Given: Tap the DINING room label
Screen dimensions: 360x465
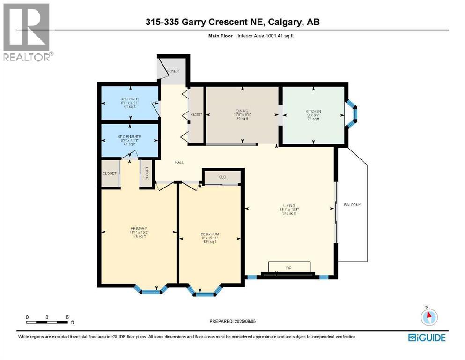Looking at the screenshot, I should click(242, 111).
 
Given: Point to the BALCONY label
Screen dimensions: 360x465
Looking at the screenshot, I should click(353, 205).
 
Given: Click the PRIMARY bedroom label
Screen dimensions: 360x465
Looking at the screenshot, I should click(139, 228).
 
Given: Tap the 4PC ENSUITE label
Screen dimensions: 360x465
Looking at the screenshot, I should click(129, 136).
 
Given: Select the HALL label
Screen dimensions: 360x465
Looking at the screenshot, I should click(178, 162).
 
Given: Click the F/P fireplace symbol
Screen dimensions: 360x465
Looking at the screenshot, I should click(289, 267).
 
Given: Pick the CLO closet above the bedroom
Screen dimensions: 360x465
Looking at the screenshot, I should click(222, 177).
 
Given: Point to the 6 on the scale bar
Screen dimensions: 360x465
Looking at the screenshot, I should click(67, 317).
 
